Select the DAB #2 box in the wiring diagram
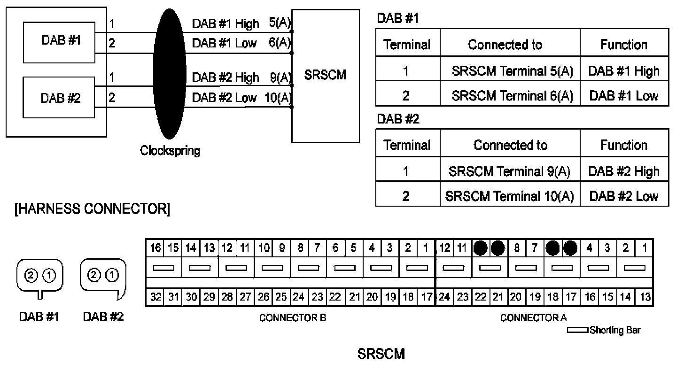pyautogui.click(x=60, y=99)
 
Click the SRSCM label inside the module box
pyautogui.click(x=325, y=75)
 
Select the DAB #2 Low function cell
pyautogui.click(x=624, y=196)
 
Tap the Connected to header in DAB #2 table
pyautogui.click(x=510, y=145)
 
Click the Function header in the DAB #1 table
pyautogui.click(x=624, y=45)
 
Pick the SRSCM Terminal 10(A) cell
pyautogui.click(x=510, y=196)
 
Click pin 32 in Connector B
pyautogui.click(x=155, y=297)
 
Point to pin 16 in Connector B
pyautogui.click(x=155, y=247)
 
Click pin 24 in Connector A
pyautogui.click(x=445, y=297)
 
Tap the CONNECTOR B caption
pyautogui.click(x=293, y=318)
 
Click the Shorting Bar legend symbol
pyautogui.click(x=577, y=330)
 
